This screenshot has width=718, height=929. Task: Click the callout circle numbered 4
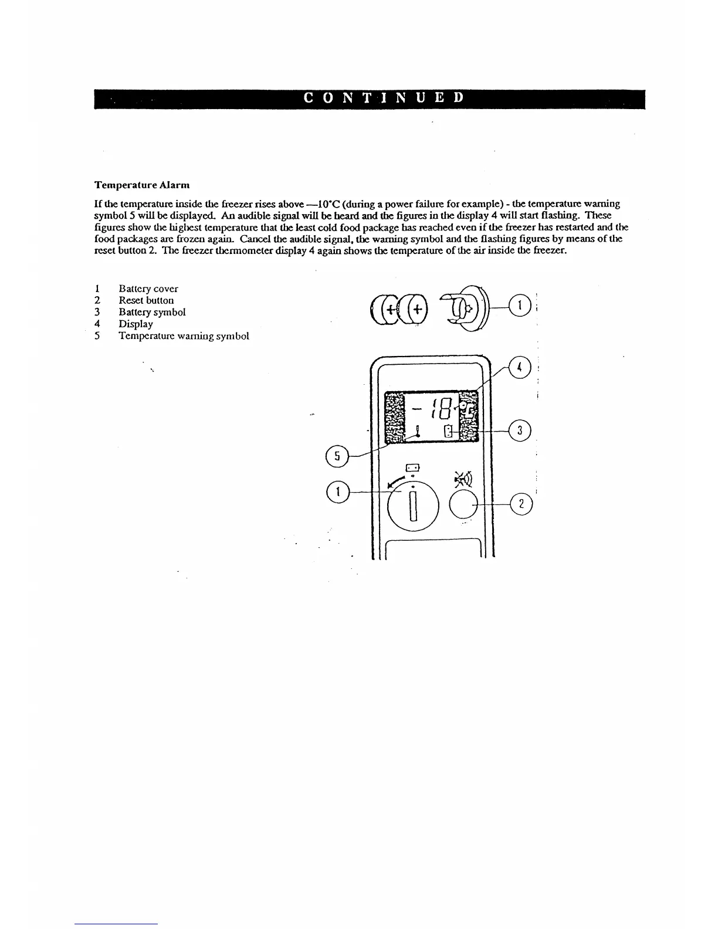click(520, 368)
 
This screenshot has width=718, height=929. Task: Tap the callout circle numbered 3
click(520, 431)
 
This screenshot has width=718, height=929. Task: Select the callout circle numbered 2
click(521, 504)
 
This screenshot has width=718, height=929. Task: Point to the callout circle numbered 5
click(336, 455)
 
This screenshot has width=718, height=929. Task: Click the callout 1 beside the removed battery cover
click(520, 305)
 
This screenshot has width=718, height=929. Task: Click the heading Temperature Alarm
click(142, 185)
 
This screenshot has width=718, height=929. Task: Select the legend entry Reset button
click(146, 300)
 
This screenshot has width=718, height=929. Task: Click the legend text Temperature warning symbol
click(184, 336)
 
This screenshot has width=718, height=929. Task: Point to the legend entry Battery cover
click(148, 289)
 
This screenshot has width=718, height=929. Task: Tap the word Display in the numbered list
click(136, 324)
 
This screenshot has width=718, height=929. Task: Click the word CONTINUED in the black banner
click(384, 99)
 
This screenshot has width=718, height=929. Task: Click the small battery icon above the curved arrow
click(414, 468)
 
